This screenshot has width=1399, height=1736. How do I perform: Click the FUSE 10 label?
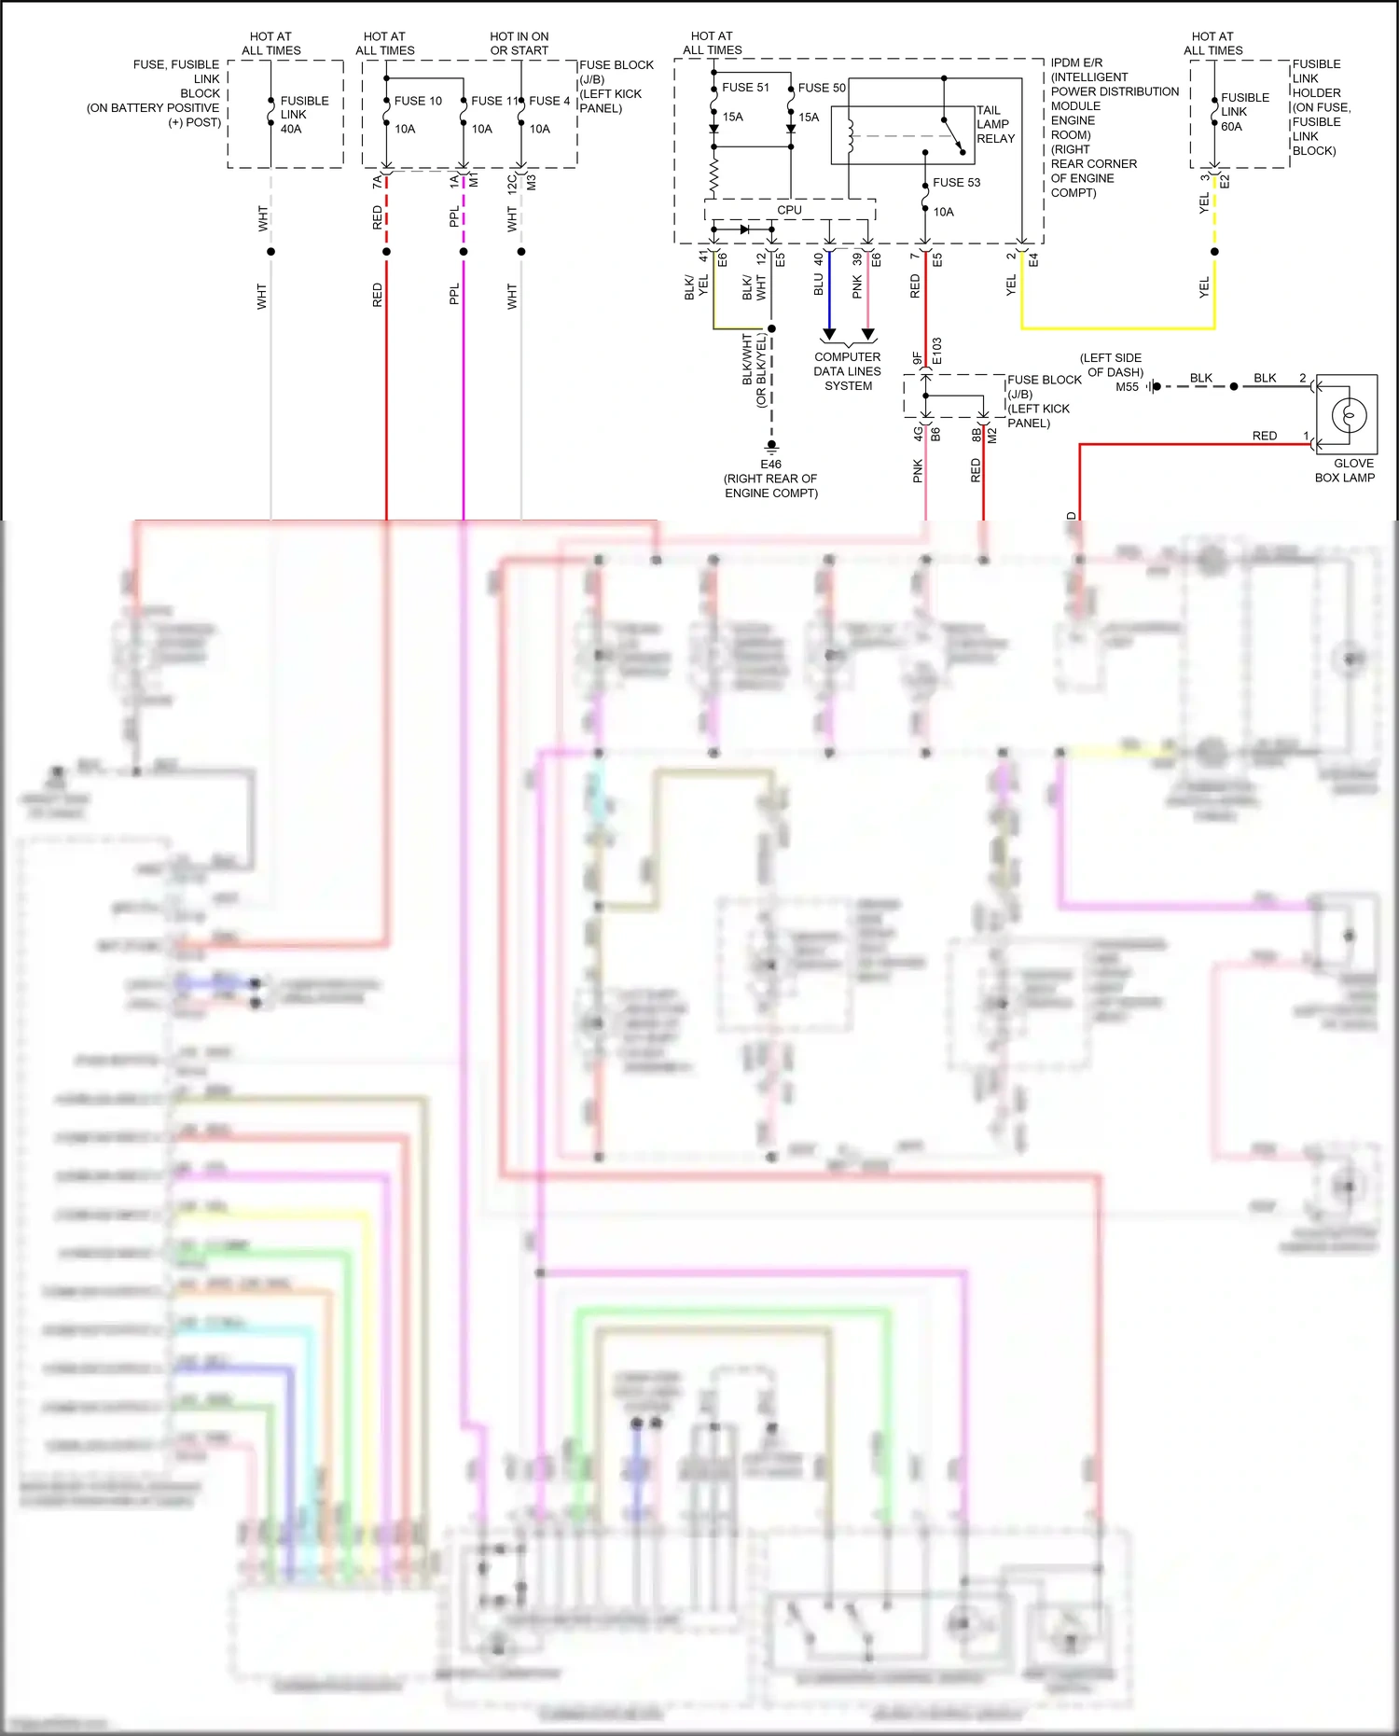tap(417, 101)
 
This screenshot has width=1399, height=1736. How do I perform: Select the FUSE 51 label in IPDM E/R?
tap(745, 88)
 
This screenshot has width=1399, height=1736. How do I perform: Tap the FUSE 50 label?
tap(822, 88)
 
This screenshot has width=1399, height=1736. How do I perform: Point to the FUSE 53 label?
tap(956, 183)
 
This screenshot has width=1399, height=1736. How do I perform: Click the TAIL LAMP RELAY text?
tap(995, 124)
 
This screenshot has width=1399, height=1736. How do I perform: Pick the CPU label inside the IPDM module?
tap(789, 210)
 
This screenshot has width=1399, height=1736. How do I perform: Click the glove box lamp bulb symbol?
tap(1349, 414)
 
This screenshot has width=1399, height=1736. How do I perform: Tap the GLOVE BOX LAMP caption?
tap(1345, 470)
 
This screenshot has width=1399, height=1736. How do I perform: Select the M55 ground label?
tap(1127, 387)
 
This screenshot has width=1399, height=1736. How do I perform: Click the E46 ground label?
tap(770, 465)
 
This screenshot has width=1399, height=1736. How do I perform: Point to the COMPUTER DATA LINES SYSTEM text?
tap(847, 371)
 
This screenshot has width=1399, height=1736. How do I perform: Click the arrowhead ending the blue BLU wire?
tap(829, 334)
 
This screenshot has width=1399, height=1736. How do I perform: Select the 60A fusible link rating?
tap(1231, 127)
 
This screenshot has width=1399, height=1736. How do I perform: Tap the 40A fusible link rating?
tap(291, 129)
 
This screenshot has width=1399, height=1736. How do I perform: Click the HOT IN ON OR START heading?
tap(519, 44)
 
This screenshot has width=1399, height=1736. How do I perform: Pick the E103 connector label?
tap(936, 351)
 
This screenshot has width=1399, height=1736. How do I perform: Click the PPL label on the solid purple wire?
tap(454, 294)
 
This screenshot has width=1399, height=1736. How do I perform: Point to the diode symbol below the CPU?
tap(743, 229)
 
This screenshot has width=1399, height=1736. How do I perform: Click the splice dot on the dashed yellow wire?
tap(1214, 252)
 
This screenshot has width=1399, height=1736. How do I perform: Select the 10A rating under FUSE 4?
tap(540, 129)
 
